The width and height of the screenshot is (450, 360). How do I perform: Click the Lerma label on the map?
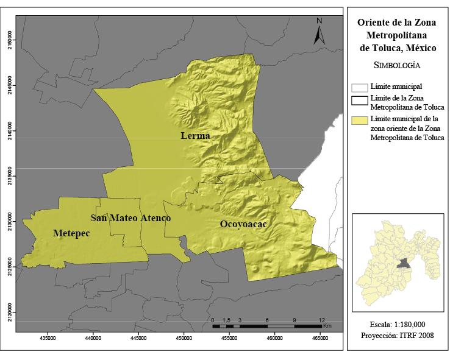point(195,136)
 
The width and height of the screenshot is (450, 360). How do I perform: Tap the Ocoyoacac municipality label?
point(243,224)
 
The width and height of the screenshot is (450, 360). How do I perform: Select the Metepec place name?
point(73,233)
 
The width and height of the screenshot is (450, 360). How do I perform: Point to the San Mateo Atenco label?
point(130,217)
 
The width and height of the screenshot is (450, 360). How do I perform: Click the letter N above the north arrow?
point(319,21)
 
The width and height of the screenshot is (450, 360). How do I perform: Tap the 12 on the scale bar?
point(323,320)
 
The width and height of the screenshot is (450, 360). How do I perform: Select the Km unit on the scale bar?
point(327,326)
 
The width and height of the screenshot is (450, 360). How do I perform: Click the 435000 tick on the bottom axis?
point(48,337)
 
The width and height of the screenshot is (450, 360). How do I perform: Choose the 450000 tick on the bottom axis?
point(184,337)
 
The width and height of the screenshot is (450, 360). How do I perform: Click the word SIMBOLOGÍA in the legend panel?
point(396,65)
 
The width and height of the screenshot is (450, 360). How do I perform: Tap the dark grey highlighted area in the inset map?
point(402,263)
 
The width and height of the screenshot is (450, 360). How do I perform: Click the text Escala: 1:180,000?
point(397,324)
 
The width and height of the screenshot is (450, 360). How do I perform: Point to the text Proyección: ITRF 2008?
point(397,335)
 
